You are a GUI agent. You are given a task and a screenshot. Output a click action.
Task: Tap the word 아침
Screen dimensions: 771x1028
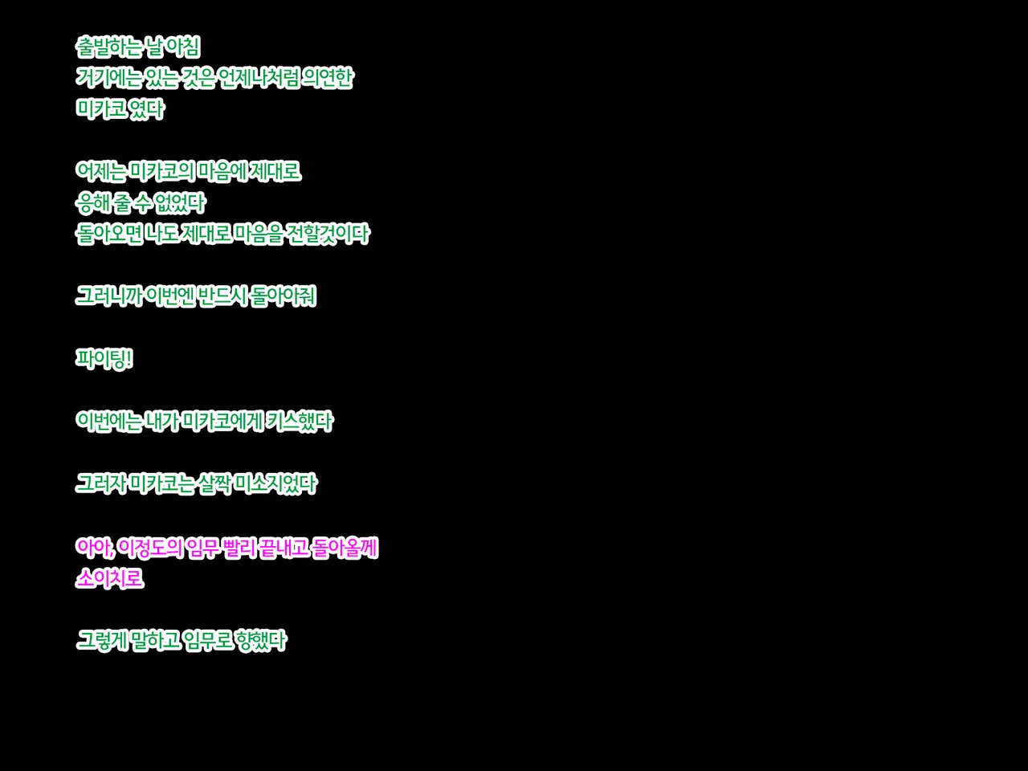click(x=183, y=47)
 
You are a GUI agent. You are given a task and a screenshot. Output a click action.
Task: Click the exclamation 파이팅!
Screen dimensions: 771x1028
click(x=104, y=359)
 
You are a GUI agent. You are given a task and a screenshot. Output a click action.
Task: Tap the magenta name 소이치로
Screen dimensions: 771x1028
click(x=109, y=579)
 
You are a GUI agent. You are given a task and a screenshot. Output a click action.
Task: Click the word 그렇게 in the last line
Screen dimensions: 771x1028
click(x=101, y=641)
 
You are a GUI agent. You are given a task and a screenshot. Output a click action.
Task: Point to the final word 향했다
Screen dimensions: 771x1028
click(x=262, y=641)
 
